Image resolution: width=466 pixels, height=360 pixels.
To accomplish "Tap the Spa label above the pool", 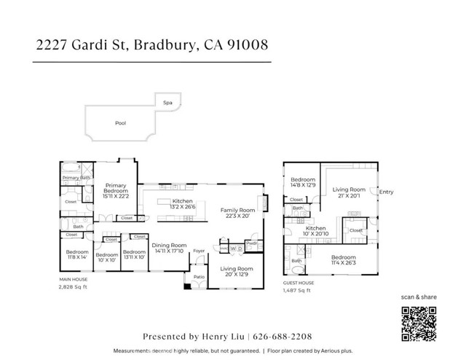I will tap(167, 103).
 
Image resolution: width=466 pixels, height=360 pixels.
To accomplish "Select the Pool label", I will tap(121, 123).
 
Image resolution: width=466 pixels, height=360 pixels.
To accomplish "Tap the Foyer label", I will tap(199, 252).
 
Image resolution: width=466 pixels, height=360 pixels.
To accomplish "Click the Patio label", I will tap(198, 277).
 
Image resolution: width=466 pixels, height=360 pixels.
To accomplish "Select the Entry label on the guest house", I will tap(386, 192).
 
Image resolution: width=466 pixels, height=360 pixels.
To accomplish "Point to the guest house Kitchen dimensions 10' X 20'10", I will tap(316, 233).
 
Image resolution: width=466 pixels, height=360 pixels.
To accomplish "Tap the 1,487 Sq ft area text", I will tap(297, 291).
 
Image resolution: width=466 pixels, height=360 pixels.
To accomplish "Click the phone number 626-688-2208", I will tap(283, 337).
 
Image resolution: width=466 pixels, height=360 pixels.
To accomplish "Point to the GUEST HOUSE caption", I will tap(299, 283).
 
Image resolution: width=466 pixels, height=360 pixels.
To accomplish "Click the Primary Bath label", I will tap(76, 178).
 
